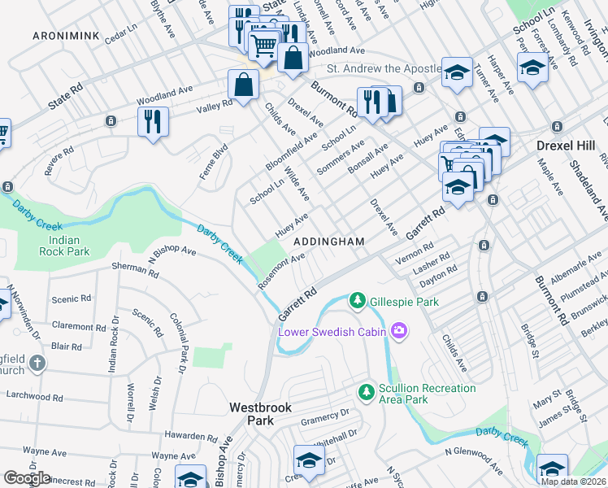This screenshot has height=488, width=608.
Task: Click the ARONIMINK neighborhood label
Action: click(x=64, y=37)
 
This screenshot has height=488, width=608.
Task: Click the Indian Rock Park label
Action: click(x=63, y=246)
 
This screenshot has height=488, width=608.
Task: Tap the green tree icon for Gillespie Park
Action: click(x=357, y=301)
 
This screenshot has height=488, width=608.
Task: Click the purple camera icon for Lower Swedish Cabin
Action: click(x=399, y=331)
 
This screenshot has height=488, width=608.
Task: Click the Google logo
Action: click(x=27, y=478)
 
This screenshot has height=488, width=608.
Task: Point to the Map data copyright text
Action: click(x=574, y=481)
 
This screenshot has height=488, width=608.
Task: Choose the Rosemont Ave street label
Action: click(x=281, y=270)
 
